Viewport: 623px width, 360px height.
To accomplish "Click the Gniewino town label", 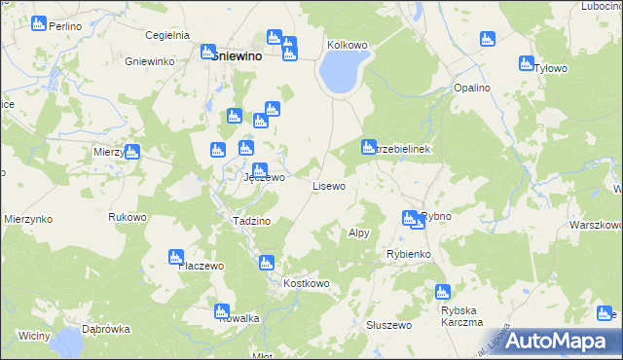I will click(x=238, y=56).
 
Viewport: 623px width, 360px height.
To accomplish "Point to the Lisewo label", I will click(x=328, y=185).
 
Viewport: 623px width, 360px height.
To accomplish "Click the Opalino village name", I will click(x=471, y=88).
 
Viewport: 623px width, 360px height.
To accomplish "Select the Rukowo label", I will click(x=128, y=217).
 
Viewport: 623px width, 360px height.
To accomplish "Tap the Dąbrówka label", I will click(x=106, y=329).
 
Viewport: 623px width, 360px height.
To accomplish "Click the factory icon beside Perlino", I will click(x=39, y=23).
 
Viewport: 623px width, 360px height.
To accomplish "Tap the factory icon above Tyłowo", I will click(x=527, y=64).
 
